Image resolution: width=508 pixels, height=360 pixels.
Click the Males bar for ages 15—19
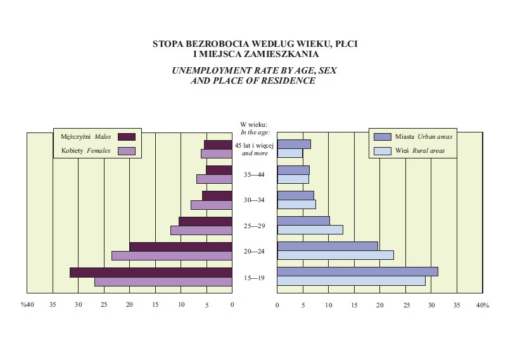click(151, 273)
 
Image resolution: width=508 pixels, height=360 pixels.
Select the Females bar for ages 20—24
click(172, 255)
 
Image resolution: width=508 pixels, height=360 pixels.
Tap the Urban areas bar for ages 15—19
click(357, 272)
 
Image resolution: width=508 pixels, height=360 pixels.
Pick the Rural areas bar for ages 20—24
click(335, 255)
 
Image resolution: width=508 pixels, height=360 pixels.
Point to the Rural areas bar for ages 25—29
click(310, 230)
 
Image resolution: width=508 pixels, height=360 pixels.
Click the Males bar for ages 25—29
click(205, 221)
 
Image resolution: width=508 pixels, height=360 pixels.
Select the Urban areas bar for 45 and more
click(294, 145)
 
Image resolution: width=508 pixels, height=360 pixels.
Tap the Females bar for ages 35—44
click(214, 179)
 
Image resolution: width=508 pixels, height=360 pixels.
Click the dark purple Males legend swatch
click(126, 137)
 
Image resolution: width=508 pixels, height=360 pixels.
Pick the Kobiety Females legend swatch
click(126, 151)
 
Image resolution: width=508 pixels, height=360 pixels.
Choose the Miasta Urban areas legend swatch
click(382, 137)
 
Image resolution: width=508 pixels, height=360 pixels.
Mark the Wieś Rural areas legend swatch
click(382, 151)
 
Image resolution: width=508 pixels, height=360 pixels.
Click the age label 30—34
click(255, 200)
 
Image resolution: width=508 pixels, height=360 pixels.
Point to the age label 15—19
click(255, 277)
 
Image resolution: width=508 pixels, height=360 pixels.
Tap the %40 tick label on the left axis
click(27, 305)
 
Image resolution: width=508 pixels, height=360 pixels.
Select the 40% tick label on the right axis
click(482, 305)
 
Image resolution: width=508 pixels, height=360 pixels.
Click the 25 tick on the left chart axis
click(104, 305)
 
